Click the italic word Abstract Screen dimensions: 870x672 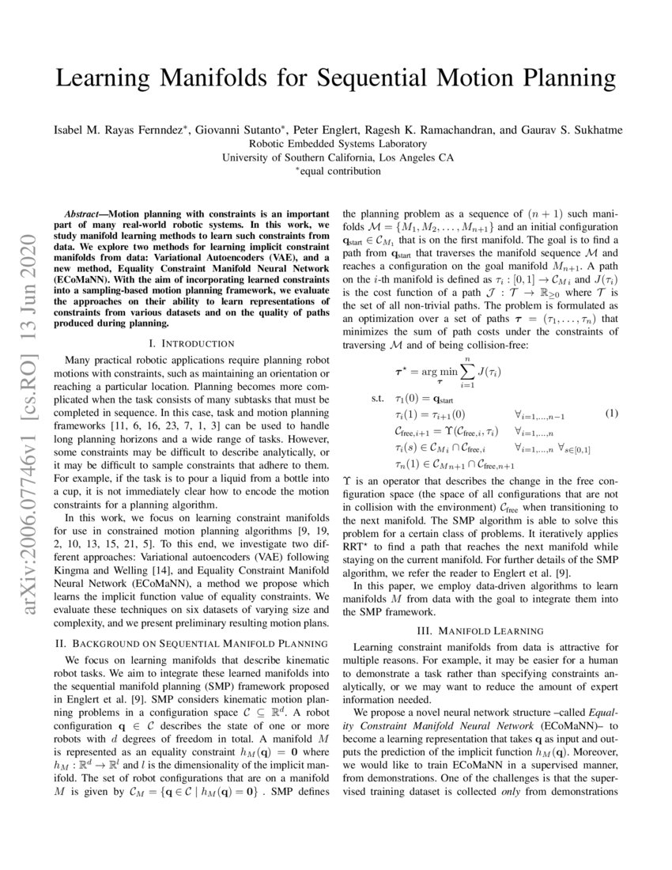pos(83,214)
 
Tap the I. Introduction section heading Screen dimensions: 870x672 pos(191,343)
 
